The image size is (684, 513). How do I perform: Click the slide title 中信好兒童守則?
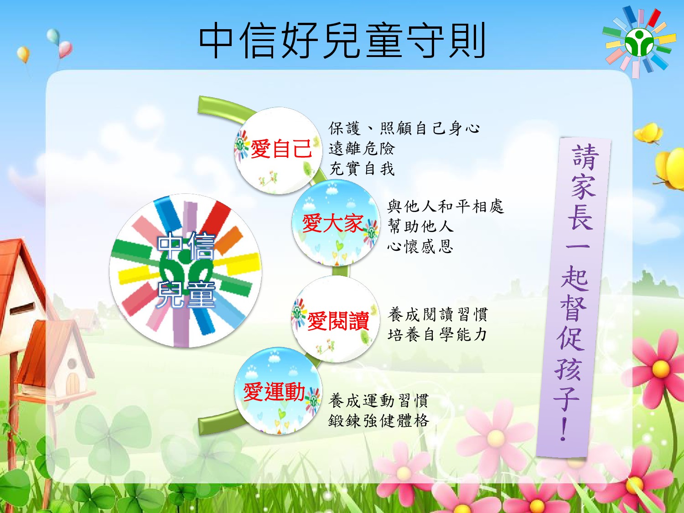pos(342,41)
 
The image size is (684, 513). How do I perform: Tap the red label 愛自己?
pos(281,149)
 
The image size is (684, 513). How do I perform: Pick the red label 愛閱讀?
pos(338,321)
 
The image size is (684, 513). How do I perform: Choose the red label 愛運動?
pos(274,392)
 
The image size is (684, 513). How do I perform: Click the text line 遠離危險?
pos(362,149)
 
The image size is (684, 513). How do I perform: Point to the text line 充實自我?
pos(362,169)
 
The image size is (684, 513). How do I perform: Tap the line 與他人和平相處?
pos(446,207)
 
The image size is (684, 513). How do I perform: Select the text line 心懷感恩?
pos(420,246)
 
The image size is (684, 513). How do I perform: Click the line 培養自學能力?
pos(437,335)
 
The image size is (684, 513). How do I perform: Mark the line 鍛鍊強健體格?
pos(378,420)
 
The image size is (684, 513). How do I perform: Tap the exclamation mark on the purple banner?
pos(563,429)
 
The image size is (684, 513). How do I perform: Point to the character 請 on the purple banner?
pos(585,157)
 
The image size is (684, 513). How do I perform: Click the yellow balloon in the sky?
pos(23,54)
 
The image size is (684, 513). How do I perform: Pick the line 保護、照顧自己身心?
pos(404,128)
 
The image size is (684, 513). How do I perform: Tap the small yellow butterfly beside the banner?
pos(649,133)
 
